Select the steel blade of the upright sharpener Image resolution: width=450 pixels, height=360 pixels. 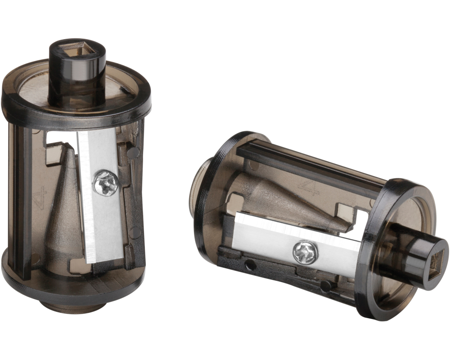click(100, 216)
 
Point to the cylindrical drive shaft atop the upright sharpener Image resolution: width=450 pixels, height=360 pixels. click(77, 72)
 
